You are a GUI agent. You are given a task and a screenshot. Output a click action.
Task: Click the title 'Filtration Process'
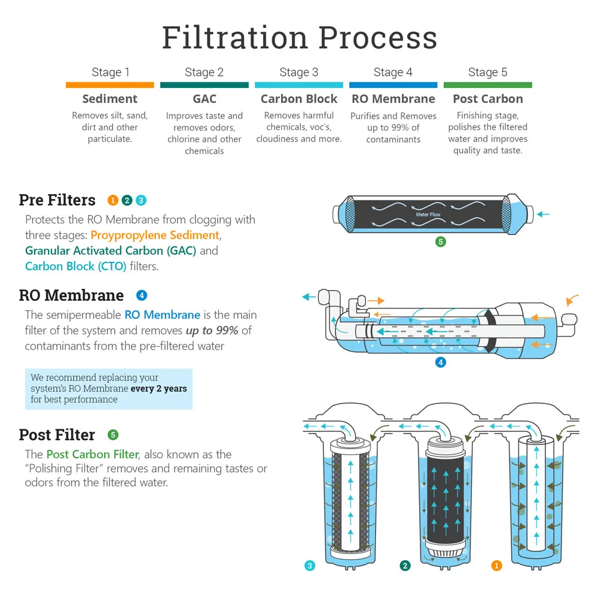299,37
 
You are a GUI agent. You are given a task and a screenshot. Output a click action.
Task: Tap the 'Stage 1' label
110,72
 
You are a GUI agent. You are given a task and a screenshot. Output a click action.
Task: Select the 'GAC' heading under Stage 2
205,99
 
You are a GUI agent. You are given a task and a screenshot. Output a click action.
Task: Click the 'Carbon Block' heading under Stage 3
299,99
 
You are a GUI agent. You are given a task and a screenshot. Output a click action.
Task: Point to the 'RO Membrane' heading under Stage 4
393,99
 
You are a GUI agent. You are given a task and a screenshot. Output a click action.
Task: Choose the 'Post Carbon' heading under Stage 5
487,99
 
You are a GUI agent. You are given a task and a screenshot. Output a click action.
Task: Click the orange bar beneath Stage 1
110,86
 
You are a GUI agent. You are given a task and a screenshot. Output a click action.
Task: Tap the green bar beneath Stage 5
487,86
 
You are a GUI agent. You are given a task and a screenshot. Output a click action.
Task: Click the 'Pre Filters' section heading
57,200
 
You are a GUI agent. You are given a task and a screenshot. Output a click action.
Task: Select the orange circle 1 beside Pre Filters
113,200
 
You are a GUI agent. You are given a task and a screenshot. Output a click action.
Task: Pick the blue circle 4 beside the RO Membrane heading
142,295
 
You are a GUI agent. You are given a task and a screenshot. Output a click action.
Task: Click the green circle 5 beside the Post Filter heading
113,435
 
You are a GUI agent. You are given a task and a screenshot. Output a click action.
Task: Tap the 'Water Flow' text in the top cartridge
428,215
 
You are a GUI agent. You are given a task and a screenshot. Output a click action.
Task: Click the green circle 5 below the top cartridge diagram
441,242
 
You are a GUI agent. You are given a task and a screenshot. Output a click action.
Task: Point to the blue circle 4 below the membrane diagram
441,362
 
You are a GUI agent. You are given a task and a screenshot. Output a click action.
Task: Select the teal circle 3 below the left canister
310,565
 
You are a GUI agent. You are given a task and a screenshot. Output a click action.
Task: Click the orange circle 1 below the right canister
496,565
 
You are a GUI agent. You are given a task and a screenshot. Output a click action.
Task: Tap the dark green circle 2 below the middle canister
405,565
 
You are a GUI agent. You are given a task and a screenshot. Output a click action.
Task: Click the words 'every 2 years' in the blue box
158,389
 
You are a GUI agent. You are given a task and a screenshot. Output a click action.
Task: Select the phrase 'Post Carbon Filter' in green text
92,454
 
